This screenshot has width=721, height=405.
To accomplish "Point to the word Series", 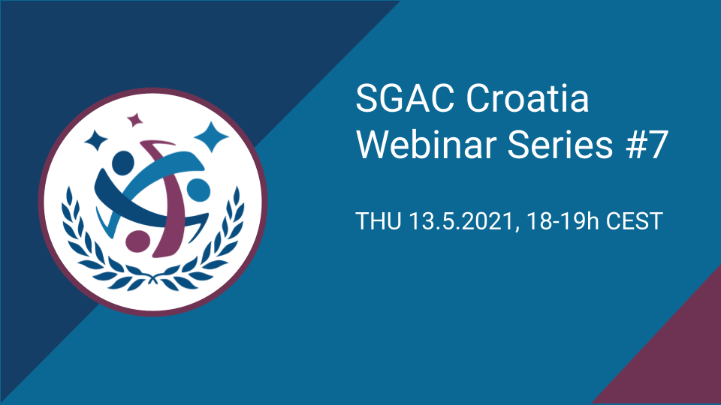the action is coord(560,145).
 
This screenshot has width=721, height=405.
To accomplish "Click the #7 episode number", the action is coord(647,145).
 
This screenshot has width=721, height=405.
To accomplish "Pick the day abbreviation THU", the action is coord(379,221).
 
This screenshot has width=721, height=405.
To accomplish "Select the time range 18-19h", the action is coord(563,221).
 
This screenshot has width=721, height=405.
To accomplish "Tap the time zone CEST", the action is coord(634,221).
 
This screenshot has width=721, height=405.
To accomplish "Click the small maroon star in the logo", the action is coord(134,120).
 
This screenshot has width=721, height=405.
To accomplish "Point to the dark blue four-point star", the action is coord(96,140).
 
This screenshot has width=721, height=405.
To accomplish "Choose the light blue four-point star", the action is coord(211,136).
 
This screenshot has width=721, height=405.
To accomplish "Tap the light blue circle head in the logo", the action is coord(198,190).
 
